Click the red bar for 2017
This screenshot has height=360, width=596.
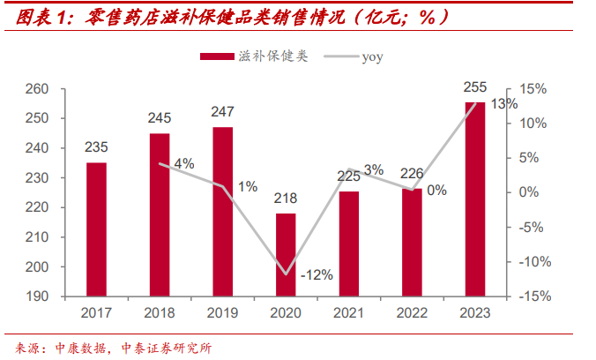96,229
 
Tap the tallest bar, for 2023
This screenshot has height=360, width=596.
475,199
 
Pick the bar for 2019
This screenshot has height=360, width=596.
223,212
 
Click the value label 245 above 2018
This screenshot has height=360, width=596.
160,116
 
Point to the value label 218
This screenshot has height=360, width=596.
286,198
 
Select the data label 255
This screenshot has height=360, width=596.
475,86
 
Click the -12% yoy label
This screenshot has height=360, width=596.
317,274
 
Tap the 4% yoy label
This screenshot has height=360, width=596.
184,163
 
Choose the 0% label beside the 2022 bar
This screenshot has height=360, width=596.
436,190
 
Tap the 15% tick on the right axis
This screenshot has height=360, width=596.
533,89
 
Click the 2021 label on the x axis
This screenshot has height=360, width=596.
349,313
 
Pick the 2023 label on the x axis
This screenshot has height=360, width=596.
475,313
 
